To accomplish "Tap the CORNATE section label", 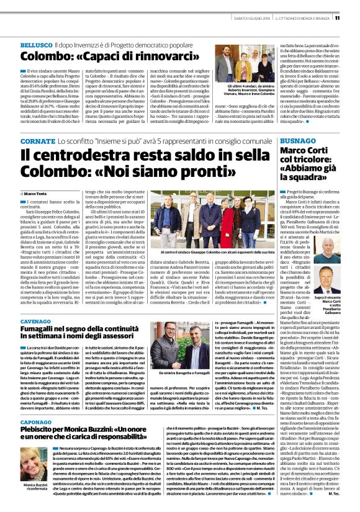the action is (x=38, y=141).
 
